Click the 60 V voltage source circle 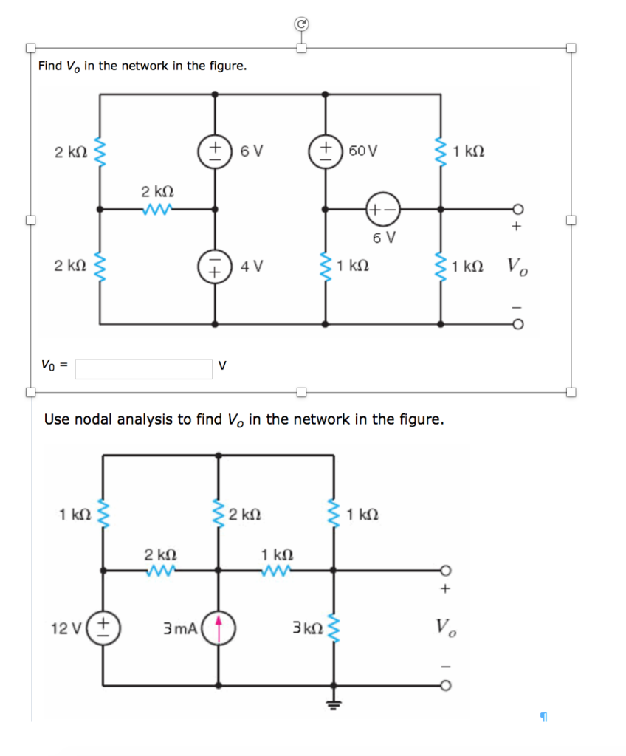pyautogui.click(x=323, y=152)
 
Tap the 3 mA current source pyautogui.click(x=219, y=628)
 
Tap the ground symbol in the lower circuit pyautogui.click(x=334, y=704)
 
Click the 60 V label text pyautogui.click(x=363, y=152)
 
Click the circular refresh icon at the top pyautogui.click(x=300, y=24)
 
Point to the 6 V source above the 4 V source pyautogui.click(x=215, y=152)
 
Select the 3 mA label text pyautogui.click(x=180, y=629)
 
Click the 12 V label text pyautogui.click(x=65, y=629)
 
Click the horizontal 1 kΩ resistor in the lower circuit pyautogui.click(x=277, y=569)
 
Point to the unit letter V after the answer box pyautogui.click(x=222, y=365)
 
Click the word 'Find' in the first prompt pyautogui.click(x=50, y=66)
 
